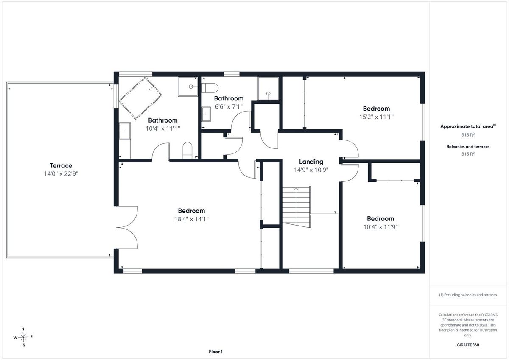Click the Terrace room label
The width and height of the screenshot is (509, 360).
coord(61,165)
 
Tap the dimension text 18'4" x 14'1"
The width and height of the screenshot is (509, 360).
coord(191,219)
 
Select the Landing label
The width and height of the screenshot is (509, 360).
coord(311,162)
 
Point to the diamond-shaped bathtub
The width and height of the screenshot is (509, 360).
coord(140,98)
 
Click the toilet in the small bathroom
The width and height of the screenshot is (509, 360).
coord(210,88)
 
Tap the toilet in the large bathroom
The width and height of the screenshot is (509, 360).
coord(187,151)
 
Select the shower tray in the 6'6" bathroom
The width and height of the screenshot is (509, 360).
coord(268,89)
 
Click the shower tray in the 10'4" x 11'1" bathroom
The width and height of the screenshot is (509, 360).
coord(187,87)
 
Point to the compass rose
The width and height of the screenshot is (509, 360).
coord(23,337)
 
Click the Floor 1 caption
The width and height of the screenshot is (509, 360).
coord(215,352)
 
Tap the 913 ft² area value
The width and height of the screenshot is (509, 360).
coord(468,135)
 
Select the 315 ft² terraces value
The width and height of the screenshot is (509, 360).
coord(468,154)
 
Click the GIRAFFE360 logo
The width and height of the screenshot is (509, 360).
coord(468,345)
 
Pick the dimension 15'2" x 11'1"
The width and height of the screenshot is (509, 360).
coord(376,117)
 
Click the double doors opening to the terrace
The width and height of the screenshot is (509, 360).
coord(127,227)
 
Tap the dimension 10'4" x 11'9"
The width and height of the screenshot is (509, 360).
coord(380,227)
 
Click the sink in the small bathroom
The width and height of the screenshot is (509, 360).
coord(206,114)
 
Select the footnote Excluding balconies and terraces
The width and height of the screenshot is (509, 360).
coord(468,295)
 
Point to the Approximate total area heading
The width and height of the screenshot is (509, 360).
coord(468,126)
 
